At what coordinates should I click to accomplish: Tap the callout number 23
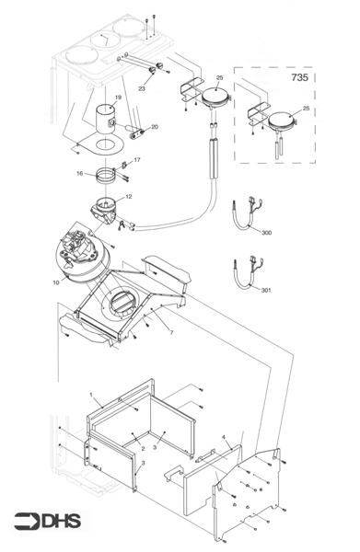click(x=141, y=88)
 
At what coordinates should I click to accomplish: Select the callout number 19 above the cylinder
click(x=118, y=97)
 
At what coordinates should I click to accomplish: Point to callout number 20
click(x=154, y=126)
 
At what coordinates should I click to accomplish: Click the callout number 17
click(x=137, y=160)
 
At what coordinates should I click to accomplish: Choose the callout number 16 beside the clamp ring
click(x=79, y=172)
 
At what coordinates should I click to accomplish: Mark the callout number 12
click(x=128, y=196)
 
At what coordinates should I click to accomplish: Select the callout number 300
click(x=267, y=234)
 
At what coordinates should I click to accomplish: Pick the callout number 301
click(x=267, y=292)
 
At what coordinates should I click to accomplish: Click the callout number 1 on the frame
click(x=92, y=395)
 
